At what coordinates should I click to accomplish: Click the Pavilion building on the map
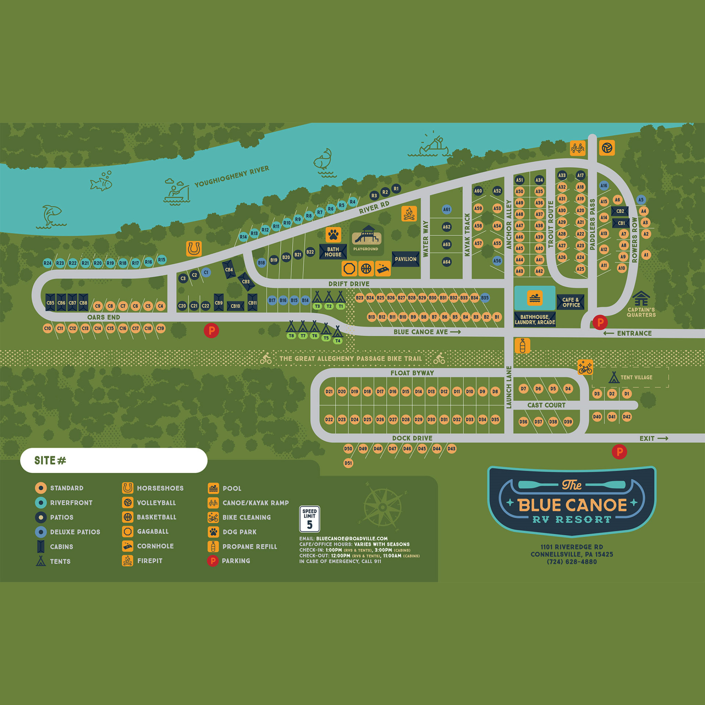click(406, 259)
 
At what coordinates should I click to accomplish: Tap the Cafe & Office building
click(571, 302)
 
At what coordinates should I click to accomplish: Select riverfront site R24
click(48, 263)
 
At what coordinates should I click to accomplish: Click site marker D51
click(348, 463)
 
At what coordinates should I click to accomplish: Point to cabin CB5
click(50, 303)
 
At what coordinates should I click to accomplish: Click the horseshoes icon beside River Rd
click(194, 249)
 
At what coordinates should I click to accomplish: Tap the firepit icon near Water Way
click(409, 214)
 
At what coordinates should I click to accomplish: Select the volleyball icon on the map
click(607, 148)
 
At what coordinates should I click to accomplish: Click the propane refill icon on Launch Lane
click(522, 346)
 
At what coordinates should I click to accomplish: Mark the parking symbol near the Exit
click(619, 452)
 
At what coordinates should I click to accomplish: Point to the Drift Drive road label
click(349, 284)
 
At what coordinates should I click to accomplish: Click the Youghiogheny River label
click(232, 176)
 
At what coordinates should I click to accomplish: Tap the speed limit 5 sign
click(309, 519)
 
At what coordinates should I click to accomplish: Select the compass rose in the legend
click(382, 507)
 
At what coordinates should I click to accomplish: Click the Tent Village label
click(636, 377)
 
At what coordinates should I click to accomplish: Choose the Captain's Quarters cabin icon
click(641, 298)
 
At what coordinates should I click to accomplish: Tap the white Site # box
click(114, 461)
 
